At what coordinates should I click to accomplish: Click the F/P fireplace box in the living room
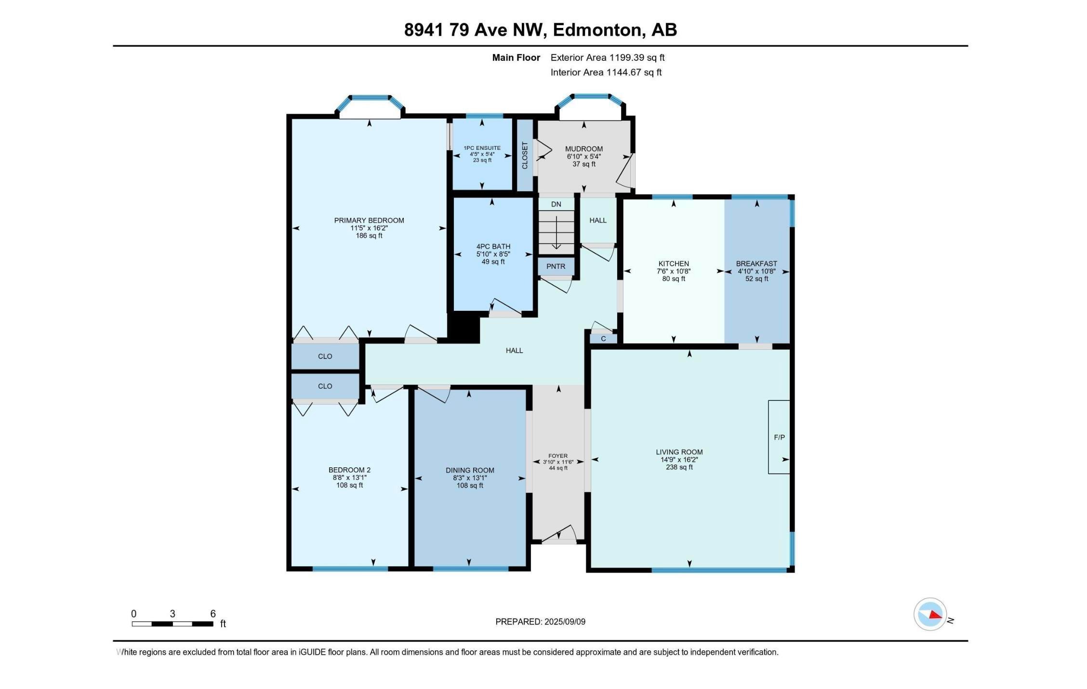pos(779,437)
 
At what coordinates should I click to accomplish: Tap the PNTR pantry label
pos(556,266)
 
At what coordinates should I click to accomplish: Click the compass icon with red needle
pos(930,614)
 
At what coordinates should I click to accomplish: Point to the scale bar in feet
pos(172,623)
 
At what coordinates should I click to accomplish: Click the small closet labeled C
pos(603,339)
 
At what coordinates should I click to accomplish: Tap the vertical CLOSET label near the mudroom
pos(525,155)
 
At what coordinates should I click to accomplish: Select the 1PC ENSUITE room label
pos(482,148)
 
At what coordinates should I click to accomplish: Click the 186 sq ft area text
pos(369,236)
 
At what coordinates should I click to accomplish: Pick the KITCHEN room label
pos(674,264)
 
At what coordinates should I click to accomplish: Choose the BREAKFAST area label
pos(756,264)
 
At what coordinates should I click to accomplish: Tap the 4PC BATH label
pos(493,246)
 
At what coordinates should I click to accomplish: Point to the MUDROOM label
pos(584,149)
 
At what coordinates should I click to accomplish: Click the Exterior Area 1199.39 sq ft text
pos(607,57)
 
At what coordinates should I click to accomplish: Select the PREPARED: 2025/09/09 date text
pos(540,622)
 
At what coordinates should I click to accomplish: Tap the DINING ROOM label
pos(470,470)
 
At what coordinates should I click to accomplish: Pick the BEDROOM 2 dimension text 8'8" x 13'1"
pos(349,477)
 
